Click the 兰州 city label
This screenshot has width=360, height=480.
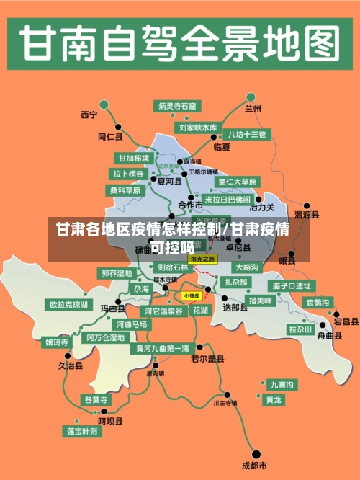coord(253,109)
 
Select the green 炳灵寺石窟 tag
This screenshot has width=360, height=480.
coord(177,106)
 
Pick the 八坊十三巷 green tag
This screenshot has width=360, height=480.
coord(247,134)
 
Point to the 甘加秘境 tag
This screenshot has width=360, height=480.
coord(134,158)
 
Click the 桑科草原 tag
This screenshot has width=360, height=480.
coord(125,191)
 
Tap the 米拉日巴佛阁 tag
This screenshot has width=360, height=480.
coord(228,200)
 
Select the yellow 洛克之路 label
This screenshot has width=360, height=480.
coord(202,259)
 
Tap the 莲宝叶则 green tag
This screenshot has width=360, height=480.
coord(82,431)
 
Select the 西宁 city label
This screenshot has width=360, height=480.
coord(89,114)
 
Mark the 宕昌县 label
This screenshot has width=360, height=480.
coord(346,321)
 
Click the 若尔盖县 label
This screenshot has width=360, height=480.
coord(207,358)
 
